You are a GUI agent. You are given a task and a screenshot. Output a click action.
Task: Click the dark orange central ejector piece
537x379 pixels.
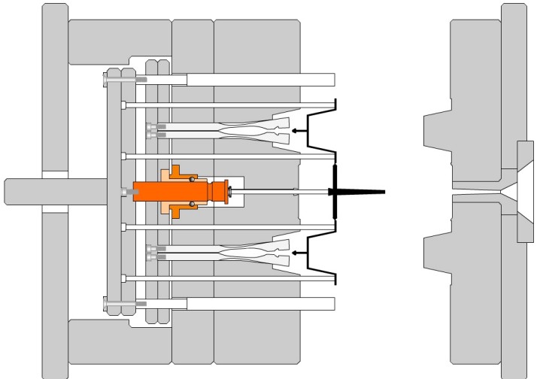(x=181, y=192)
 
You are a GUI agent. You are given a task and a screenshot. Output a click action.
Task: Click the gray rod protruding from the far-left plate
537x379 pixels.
(x=23, y=192)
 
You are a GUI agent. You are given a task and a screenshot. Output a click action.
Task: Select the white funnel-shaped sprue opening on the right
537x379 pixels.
(x=519, y=193)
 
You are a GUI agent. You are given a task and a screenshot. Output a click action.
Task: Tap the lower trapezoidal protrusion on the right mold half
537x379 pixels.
(x=436, y=254)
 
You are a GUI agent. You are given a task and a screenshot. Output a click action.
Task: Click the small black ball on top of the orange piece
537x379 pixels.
(x=193, y=180)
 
